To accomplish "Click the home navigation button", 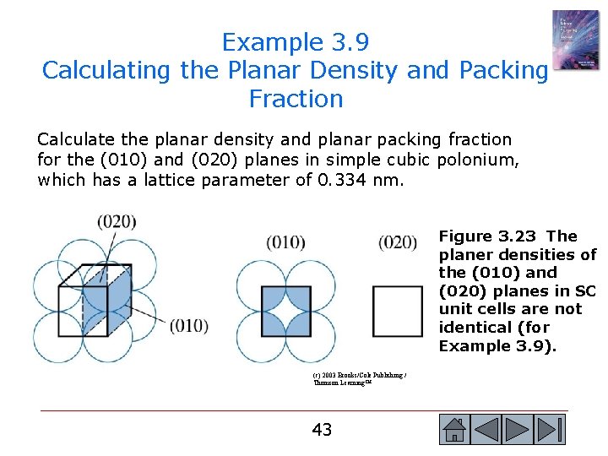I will [x=454, y=430].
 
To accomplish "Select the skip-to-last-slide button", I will [x=550, y=430].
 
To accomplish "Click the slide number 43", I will [x=322, y=430].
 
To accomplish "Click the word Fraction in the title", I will [x=296, y=99].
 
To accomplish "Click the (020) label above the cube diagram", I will [x=117, y=222].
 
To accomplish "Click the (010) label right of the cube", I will [x=189, y=325].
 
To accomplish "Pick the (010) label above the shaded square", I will [x=285, y=242].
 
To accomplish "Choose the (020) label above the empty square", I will [x=398, y=242].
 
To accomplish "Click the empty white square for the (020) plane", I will [x=397, y=312].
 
